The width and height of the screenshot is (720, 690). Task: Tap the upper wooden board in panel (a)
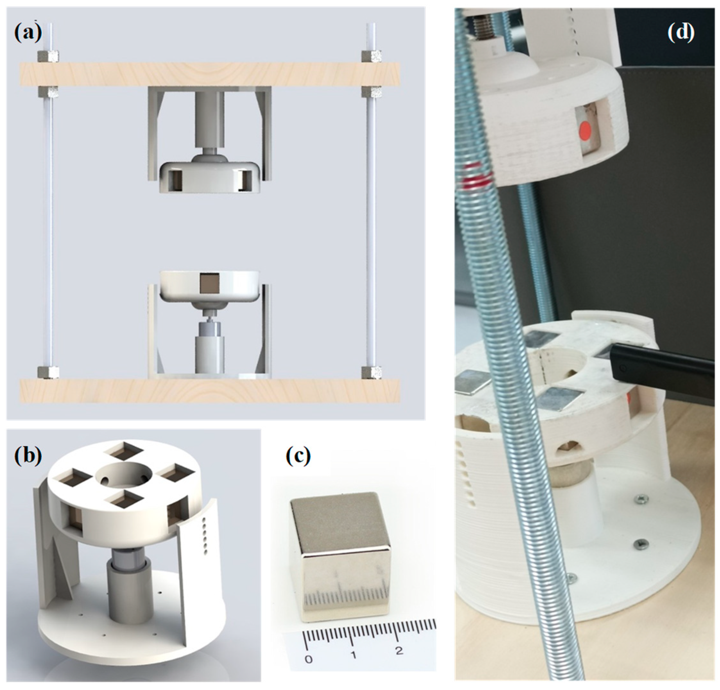pyautogui.click(x=210, y=74)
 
